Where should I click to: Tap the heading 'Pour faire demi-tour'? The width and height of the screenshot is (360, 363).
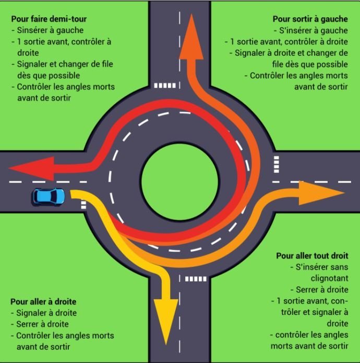point(49,19)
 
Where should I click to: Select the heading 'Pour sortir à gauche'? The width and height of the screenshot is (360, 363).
point(310,19)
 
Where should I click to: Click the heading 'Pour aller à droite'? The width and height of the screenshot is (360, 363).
point(43,302)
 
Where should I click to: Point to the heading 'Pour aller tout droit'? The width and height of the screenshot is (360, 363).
point(312,256)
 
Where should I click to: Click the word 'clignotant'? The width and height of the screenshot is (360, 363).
point(329,278)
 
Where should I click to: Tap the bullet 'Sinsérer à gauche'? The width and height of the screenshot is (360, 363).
point(50,30)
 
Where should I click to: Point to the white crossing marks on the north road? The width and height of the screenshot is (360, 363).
point(166,85)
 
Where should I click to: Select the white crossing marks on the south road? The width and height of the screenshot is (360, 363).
point(196,279)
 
